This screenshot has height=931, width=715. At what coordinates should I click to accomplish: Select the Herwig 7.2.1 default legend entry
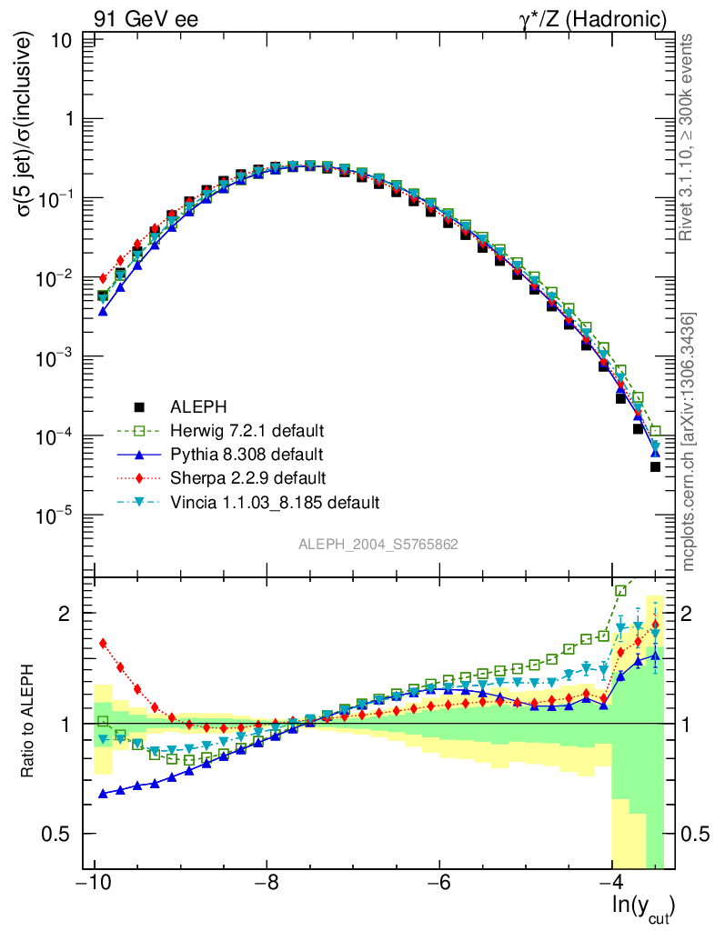[246, 430]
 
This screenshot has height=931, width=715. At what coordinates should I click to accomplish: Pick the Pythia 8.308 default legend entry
[245, 454]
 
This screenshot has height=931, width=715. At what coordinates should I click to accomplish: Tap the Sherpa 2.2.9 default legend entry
[245, 477]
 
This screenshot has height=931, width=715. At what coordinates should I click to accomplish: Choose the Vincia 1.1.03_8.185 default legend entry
[274, 502]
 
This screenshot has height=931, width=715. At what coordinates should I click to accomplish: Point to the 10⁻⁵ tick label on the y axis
[56, 516]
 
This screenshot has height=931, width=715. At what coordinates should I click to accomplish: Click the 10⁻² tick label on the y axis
[56, 277]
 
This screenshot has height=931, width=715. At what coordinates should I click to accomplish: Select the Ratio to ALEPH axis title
[29, 723]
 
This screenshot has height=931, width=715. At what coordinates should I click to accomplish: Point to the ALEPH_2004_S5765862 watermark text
[378, 545]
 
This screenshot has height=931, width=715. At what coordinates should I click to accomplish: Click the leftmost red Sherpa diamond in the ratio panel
[103, 643]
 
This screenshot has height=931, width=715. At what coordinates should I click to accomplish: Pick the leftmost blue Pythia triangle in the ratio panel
[103, 794]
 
